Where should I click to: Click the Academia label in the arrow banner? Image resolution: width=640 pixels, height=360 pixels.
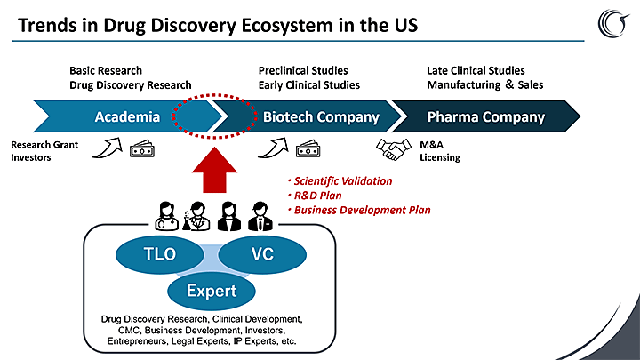(127, 117)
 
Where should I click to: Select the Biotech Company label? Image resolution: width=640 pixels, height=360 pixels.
(321, 117)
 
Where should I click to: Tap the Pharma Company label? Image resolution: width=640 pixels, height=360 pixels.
(485, 117)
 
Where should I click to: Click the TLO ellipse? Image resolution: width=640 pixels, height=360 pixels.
(160, 254)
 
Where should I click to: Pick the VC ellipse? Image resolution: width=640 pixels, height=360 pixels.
(262, 254)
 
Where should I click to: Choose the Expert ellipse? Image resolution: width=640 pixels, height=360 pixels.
(212, 291)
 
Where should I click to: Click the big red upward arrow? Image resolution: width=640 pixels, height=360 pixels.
(214, 170)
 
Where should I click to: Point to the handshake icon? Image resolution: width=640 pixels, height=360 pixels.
(394, 149)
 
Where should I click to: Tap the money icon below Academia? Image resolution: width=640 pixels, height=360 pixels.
(142, 149)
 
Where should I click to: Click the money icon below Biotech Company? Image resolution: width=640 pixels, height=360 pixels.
(308, 149)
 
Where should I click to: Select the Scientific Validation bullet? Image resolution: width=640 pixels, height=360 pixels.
(340, 180)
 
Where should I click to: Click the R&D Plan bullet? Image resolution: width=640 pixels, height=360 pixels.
(315, 196)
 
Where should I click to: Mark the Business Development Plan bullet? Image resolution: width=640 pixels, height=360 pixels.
(359, 210)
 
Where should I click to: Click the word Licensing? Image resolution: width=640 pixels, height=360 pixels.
(440, 157)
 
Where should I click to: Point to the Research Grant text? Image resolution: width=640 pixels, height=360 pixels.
(44, 145)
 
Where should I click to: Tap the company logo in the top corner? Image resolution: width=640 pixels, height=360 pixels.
(613, 23)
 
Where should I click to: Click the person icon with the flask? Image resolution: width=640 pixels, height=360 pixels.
(196, 216)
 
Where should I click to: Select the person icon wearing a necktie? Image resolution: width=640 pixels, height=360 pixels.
(260, 216)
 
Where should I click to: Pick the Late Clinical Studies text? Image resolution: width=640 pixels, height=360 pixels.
(476, 70)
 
